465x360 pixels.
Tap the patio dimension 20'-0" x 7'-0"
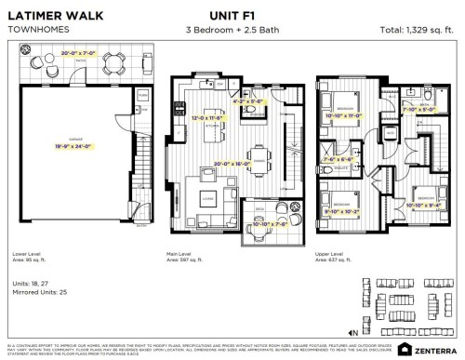pos(76,54)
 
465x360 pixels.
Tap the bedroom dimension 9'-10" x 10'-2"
pos(340,209)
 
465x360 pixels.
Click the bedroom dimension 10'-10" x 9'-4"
pos(422,205)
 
